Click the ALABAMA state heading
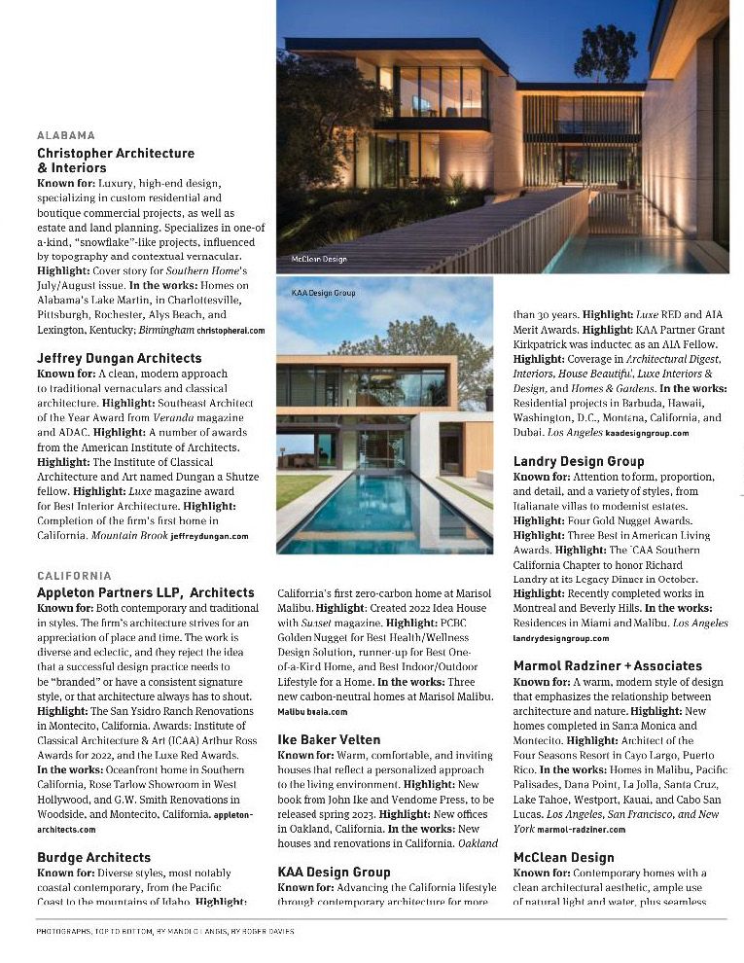point(66,135)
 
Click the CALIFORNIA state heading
point(74,576)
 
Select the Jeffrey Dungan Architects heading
point(120,358)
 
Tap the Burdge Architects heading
point(94,857)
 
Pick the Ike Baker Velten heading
point(329,739)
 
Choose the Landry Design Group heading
point(579,461)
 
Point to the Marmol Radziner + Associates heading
point(607,665)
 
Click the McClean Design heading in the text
point(564,857)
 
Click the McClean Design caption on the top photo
point(319,260)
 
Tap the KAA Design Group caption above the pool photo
point(324,292)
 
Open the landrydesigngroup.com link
point(561,638)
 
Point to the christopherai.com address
point(230,331)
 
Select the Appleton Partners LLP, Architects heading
point(146,592)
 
